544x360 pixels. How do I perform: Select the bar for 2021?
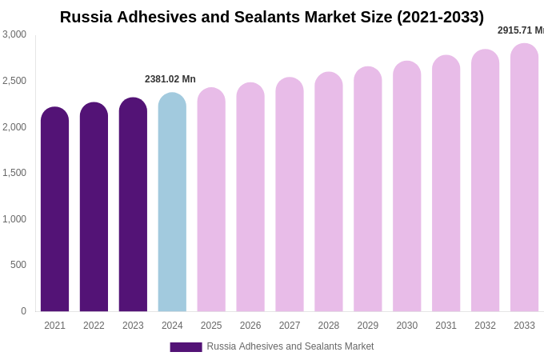point(54,210)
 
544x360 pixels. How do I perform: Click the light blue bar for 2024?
point(172,202)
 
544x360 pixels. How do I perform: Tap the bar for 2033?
point(524,178)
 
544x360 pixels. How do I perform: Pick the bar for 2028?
point(329,192)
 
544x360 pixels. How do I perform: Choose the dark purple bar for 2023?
point(133,205)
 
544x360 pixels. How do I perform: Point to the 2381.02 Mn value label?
point(170,79)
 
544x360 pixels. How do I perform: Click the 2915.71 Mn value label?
point(521,30)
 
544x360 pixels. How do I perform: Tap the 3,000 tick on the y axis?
point(14,34)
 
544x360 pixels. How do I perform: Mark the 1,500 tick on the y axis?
point(14,173)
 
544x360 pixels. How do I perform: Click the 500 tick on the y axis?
point(18,265)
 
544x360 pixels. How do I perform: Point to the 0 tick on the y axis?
point(23,311)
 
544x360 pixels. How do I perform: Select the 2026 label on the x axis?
point(250,326)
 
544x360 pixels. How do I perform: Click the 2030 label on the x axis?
point(406,326)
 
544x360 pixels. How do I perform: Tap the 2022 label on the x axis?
point(94,326)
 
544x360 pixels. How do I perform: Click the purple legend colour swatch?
point(186,347)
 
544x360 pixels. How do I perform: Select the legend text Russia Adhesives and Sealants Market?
point(290,346)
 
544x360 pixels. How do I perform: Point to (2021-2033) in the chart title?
point(440,17)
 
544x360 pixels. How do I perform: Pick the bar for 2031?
point(446,183)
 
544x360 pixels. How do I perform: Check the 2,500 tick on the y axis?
point(14,81)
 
